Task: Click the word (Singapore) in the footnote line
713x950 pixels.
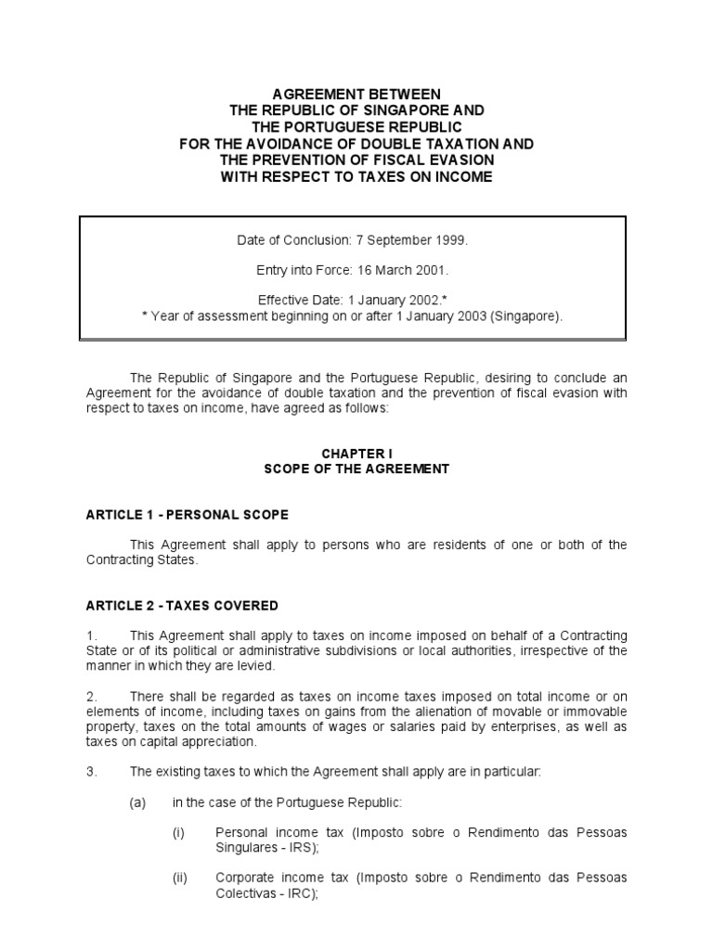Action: coord(529,316)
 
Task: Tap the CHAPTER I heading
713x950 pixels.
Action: coord(356,454)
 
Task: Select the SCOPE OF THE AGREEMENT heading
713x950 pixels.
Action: coord(356,469)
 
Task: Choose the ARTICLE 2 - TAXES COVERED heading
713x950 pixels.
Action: coord(181,606)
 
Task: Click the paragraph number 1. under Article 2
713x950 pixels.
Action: coord(92,635)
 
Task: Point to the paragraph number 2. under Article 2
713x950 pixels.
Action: coord(92,696)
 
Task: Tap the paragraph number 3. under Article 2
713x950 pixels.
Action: coord(92,771)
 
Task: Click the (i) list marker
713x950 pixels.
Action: coord(179,832)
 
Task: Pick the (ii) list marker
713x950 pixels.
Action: coord(180,878)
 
